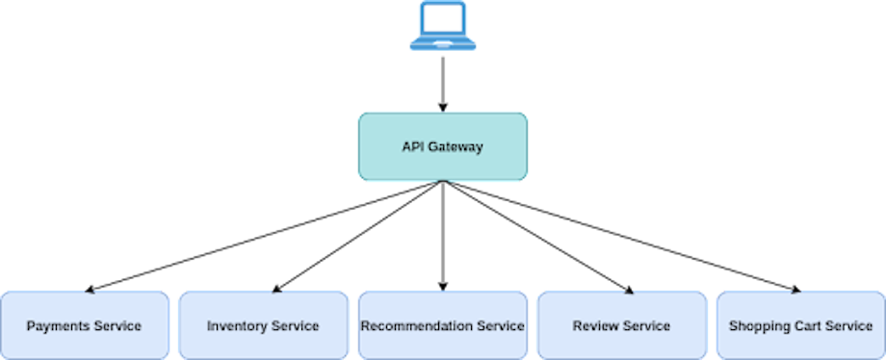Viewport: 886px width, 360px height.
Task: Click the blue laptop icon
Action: click(x=443, y=26)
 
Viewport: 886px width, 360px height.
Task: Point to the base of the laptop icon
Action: click(x=443, y=43)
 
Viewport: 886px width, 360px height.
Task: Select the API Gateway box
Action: click(x=443, y=146)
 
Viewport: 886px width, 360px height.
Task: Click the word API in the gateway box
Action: click(x=413, y=147)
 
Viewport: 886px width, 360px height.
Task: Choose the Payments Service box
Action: click(x=85, y=325)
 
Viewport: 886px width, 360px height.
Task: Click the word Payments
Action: click(x=58, y=326)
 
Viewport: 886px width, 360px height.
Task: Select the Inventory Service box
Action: click(x=263, y=325)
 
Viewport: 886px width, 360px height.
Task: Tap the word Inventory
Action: click(x=237, y=326)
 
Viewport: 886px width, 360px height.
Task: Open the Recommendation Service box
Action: click(x=443, y=325)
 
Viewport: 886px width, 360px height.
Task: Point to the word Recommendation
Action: click(x=417, y=326)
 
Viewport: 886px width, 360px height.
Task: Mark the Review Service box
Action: click(x=621, y=325)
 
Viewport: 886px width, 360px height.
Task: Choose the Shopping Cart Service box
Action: click(x=800, y=325)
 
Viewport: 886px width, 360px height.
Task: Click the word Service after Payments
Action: click(x=117, y=326)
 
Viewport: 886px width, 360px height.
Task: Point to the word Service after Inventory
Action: click(x=295, y=326)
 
